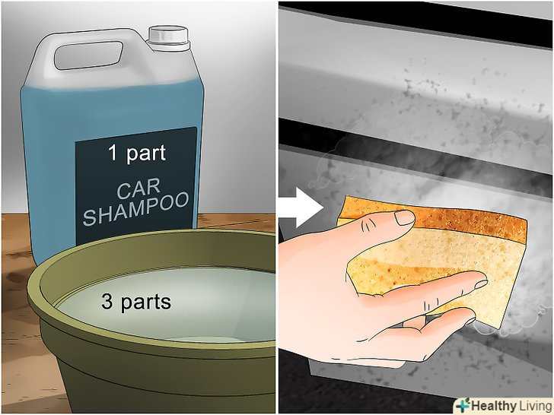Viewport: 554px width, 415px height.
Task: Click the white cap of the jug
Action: click(x=168, y=38)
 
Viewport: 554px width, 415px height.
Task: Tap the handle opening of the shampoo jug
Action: click(x=88, y=55)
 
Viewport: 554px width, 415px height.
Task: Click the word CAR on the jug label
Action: click(x=138, y=189)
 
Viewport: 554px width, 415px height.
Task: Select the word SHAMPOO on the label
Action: click(x=136, y=208)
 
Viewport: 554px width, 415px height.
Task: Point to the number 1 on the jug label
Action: click(x=113, y=153)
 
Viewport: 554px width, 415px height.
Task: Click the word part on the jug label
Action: click(x=146, y=154)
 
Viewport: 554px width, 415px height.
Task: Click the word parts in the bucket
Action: click(x=146, y=303)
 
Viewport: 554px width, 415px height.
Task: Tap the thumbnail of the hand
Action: click(x=405, y=217)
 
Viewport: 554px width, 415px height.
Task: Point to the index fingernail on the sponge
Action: click(x=480, y=284)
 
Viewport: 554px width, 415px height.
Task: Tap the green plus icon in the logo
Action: click(x=463, y=405)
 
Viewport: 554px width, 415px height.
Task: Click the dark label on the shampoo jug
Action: click(x=136, y=186)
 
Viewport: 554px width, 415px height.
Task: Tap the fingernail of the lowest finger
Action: click(x=470, y=321)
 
